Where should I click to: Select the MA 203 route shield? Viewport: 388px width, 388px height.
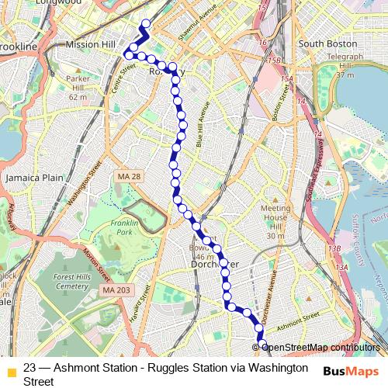point(112,291)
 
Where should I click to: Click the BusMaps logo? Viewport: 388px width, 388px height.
point(351,372)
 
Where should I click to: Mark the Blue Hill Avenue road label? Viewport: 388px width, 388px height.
point(202,124)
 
